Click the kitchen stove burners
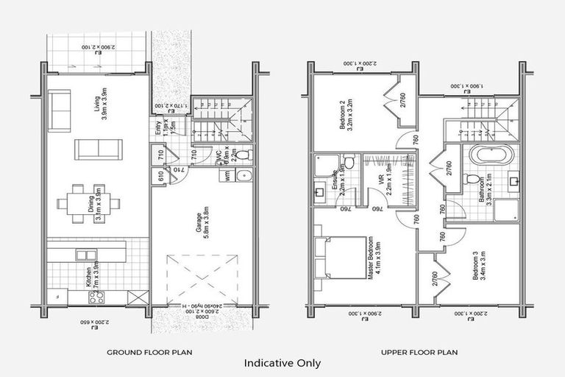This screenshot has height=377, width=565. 96,297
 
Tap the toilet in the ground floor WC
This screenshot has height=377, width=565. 246,155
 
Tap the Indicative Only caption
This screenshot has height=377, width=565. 282,362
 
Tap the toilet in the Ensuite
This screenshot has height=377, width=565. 349,160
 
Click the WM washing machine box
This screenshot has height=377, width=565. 227,176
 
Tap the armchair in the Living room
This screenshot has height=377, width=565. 60,101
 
